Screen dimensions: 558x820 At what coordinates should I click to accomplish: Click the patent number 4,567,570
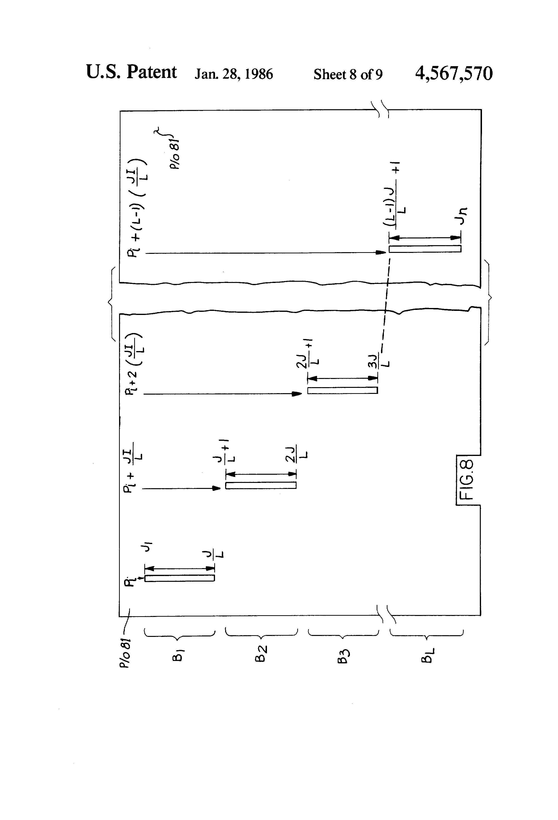[x=454, y=73]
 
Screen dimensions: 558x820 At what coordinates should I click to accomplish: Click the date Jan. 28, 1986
[x=234, y=74]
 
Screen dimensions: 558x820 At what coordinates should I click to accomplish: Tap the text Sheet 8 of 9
[x=348, y=74]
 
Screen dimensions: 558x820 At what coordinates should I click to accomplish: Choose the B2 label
[x=261, y=654]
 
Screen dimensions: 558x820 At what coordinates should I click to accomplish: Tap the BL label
[x=427, y=655]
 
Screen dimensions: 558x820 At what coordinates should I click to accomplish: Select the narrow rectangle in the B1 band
[x=179, y=578]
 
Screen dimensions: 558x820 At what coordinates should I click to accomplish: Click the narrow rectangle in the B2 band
[x=261, y=485]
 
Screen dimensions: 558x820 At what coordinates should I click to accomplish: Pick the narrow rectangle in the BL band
[x=425, y=249]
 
